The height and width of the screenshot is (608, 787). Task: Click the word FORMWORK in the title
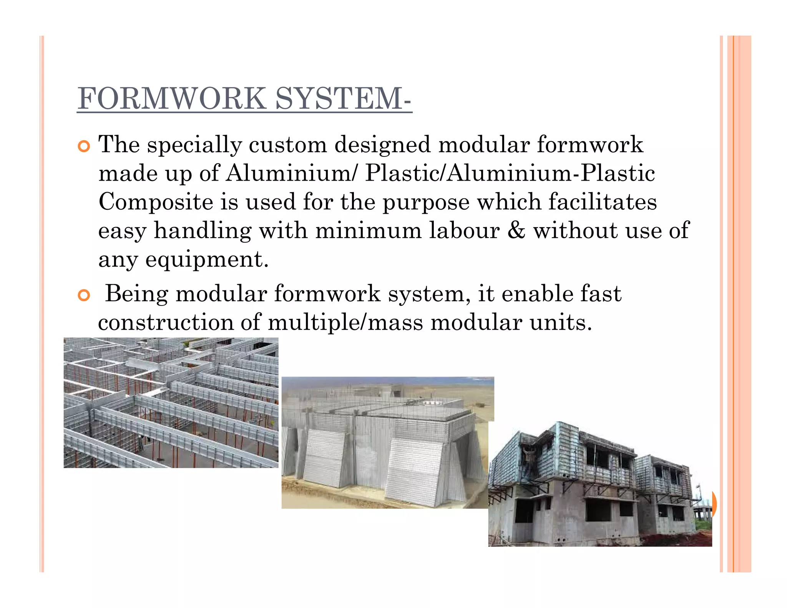[x=172, y=99]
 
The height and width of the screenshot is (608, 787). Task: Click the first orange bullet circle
[x=83, y=146]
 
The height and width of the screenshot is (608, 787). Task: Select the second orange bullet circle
[x=83, y=295]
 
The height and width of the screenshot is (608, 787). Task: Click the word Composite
[x=156, y=203]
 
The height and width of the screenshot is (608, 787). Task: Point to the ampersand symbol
[x=516, y=231]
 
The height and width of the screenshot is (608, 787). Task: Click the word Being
[x=136, y=294]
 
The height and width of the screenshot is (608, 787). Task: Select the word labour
[x=464, y=231]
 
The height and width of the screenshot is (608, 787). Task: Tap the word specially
[x=194, y=146]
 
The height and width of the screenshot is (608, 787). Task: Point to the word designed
[x=382, y=146]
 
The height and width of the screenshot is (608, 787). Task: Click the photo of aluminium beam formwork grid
[x=171, y=402]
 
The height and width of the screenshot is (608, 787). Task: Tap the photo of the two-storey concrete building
[x=599, y=484]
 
